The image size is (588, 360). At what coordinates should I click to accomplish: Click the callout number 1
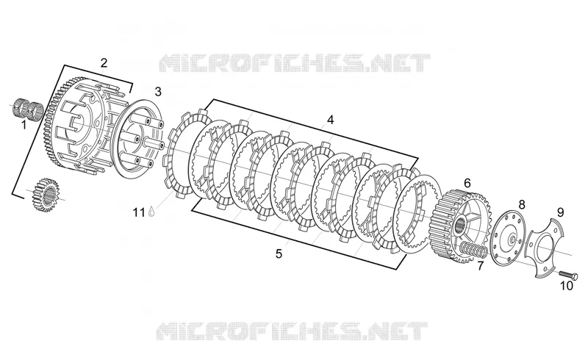[24, 124]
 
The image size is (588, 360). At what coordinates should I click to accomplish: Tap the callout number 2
[104, 62]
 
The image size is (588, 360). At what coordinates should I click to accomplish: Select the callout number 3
[158, 92]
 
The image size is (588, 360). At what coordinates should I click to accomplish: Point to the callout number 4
[330, 120]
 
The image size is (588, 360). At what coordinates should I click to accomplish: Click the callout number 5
[279, 254]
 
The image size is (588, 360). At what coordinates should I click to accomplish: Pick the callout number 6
[467, 184]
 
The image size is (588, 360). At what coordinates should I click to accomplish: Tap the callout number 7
[481, 266]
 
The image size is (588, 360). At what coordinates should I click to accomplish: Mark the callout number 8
[522, 205]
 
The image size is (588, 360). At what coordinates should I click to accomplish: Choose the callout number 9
[560, 212]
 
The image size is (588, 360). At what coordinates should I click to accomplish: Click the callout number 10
[567, 286]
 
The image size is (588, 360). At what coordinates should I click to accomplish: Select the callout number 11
[139, 212]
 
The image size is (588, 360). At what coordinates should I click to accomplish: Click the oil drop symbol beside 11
[151, 212]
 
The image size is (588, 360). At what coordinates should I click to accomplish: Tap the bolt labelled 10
[568, 276]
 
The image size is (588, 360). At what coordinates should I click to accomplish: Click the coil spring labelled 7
[473, 250]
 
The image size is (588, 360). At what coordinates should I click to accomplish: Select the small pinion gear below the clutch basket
[46, 194]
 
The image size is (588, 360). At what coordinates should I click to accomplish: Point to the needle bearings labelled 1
[28, 107]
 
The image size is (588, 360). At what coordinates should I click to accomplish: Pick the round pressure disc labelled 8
[508, 238]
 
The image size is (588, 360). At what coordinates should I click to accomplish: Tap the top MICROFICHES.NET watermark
[294, 63]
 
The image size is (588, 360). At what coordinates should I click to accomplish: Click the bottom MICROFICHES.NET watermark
[292, 331]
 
